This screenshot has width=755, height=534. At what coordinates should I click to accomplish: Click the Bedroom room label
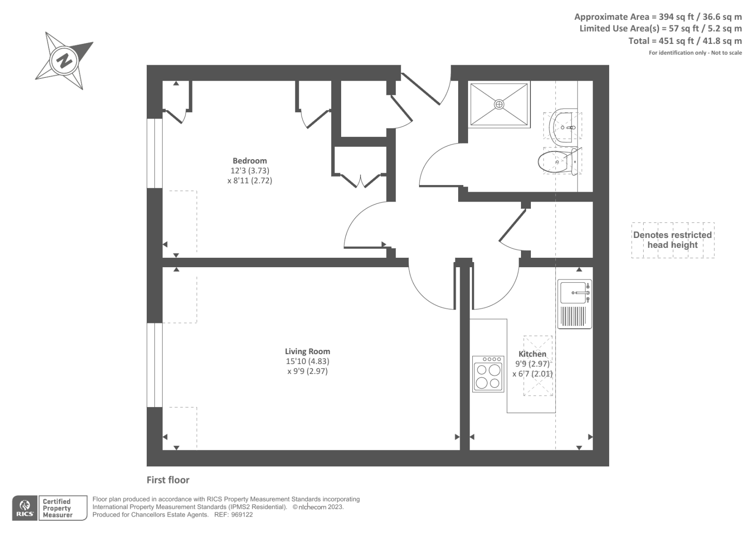[x=250, y=161]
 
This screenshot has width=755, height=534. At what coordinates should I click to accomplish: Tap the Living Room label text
[x=307, y=351]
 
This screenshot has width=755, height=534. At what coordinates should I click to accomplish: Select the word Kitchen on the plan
[x=532, y=354]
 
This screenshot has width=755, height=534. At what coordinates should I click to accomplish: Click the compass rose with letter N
[x=65, y=60]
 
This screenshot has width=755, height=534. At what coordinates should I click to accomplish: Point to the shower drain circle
[x=499, y=104]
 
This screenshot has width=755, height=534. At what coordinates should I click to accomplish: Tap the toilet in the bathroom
[x=557, y=161]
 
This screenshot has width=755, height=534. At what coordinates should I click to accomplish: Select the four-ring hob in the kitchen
[x=488, y=374]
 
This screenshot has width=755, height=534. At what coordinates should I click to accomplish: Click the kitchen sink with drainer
[x=574, y=304]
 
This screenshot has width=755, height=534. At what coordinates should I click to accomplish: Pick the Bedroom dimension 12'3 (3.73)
[x=250, y=171]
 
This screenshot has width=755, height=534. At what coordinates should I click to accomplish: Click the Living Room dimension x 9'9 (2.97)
[x=307, y=372]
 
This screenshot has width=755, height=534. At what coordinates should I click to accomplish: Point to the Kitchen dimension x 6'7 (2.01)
[x=532, y=374]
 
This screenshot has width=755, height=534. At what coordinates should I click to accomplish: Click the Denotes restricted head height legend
[x=672, y=240]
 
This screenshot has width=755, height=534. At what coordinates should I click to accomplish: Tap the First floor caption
[x=168, y=480]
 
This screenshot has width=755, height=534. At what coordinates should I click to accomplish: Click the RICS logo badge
[x=24, y=508]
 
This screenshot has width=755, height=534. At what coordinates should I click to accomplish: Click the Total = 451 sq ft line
[x=685, y=41]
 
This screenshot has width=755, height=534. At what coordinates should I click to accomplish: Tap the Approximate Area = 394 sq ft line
[x=658, y=17]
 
